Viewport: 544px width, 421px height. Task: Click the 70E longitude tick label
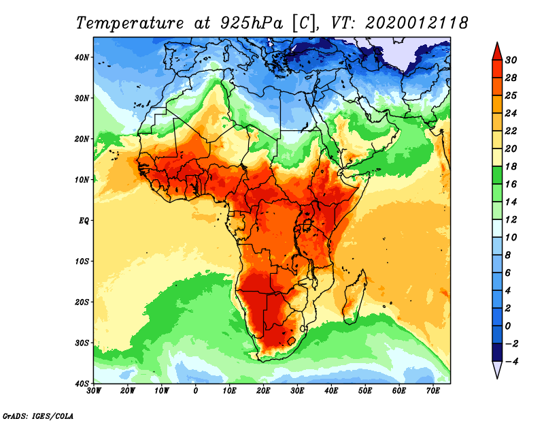(433, 391)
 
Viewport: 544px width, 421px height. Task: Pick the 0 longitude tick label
(196, 391)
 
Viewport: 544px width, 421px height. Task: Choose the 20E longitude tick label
(263, 391)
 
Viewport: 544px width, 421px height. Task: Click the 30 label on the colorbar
(512, 60)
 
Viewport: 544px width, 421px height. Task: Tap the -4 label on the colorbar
(511, 362)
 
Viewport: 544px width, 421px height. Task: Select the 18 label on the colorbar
(512, 166)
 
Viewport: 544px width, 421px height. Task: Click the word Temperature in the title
(129, 22)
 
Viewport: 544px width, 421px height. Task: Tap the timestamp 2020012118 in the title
(416, 22)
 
